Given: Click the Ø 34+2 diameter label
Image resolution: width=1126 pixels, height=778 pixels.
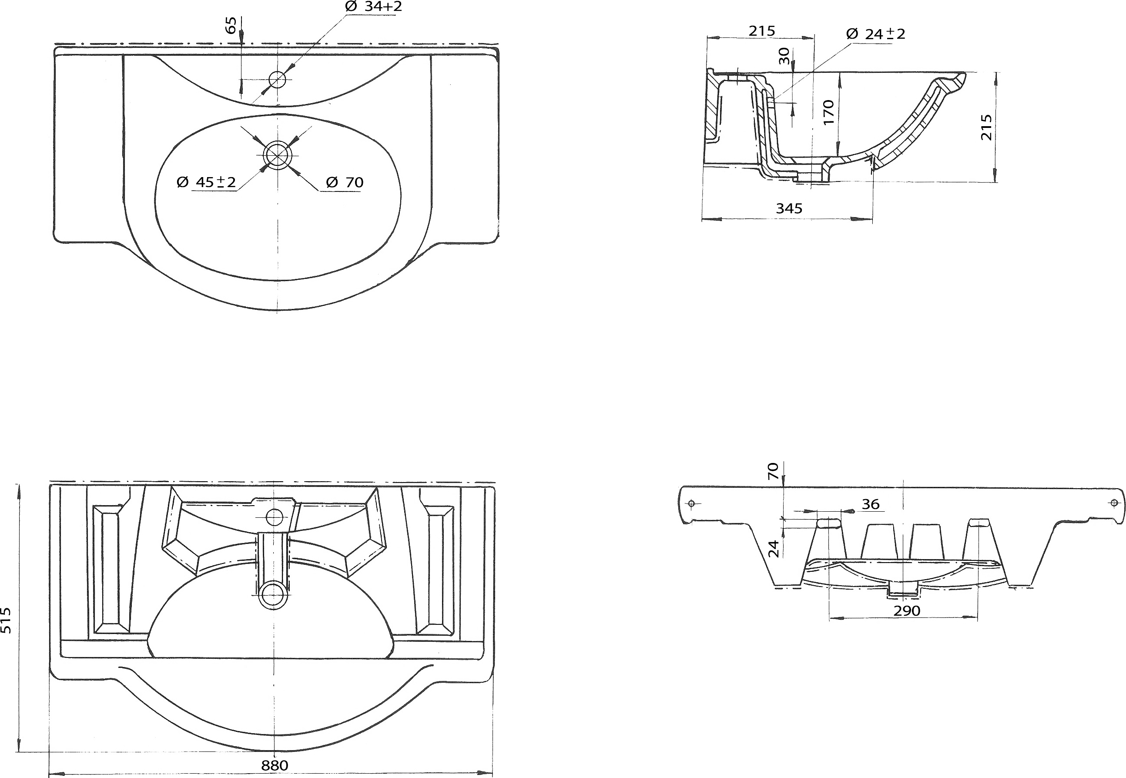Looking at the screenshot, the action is [x=373, y=7].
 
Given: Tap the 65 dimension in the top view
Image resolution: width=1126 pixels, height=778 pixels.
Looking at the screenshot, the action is [x=231, y=25].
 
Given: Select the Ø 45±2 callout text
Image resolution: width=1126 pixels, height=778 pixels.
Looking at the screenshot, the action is [x=206, y=182].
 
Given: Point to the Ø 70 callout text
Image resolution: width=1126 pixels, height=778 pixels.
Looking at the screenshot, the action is [x=345, y=182].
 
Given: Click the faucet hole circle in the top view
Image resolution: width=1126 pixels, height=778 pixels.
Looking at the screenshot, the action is [x=277, y=79].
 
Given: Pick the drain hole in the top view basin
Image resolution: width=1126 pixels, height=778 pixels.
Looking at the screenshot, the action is [x=277, y=154].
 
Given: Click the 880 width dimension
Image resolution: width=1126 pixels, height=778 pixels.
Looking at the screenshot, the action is [x=275, y=765].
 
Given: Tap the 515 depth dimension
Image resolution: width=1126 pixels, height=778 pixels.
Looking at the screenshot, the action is [x=7, y=620].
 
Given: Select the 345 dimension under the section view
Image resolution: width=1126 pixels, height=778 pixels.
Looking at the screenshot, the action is [x=789, y=208].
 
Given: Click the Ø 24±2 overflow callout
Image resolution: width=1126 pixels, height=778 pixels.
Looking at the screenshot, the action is [x=875, y=34].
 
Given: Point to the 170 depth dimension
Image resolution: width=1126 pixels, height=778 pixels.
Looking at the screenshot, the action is [x=829, y=112].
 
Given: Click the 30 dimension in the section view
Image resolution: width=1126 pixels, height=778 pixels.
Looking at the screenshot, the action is [x=784, y=56].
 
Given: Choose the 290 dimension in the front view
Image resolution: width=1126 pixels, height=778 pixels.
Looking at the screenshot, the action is [x=907, y=610].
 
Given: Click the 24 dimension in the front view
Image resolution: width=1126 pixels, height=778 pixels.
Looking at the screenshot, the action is [x=774, y=548].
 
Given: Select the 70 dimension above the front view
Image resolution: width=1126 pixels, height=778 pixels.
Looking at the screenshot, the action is [x=773, y=471].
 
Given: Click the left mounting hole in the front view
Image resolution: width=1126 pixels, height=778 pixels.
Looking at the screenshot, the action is [x=692, y=503].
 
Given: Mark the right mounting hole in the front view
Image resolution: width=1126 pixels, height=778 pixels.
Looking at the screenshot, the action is [x=1113, y=503].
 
